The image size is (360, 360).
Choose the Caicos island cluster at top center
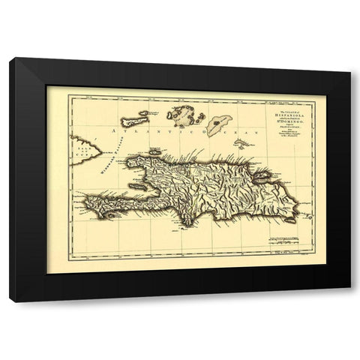(179, 116)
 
